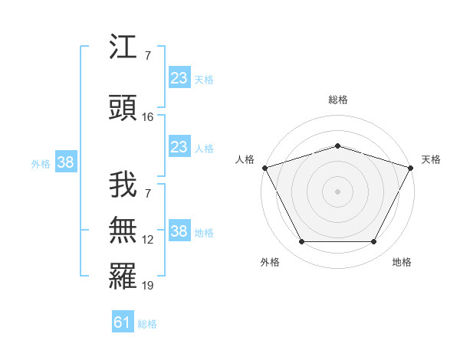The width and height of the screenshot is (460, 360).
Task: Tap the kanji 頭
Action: coord(123,108)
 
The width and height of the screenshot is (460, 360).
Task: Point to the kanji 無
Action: coord(123,231)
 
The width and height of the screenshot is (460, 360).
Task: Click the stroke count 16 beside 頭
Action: coord(149,116)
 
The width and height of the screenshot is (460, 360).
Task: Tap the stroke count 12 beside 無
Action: coord(148,240)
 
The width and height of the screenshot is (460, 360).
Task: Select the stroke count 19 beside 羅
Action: coord(148,286)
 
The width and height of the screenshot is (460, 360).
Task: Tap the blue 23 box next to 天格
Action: coord(179,78)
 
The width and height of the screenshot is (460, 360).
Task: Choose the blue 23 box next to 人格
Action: coord(179,147)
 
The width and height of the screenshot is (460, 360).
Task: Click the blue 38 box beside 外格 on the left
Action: coord(65,162)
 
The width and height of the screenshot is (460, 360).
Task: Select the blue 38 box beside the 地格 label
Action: coord(179,231)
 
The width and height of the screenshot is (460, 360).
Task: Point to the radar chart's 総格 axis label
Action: coord(337,100)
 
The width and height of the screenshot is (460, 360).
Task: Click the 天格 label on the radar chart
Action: coord(431,159)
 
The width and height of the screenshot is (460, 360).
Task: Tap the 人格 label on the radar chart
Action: coord(245,159)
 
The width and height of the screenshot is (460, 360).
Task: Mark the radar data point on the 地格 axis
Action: coord(374,242)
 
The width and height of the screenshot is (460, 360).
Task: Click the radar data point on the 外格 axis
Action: coord(301,242)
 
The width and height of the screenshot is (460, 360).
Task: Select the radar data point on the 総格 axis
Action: coord(337,146)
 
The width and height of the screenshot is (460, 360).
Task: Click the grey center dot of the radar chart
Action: coord(337,191)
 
